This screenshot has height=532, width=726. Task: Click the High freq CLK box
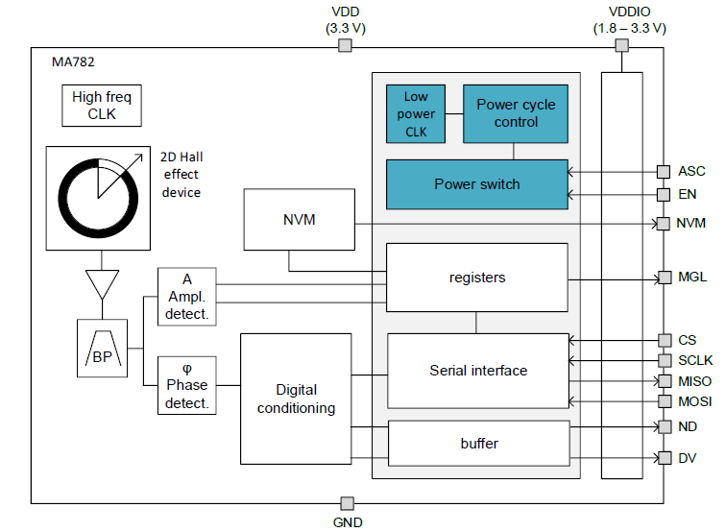point(102,106)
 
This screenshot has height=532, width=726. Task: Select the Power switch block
point(476,184)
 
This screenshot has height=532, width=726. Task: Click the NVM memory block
point(299,220)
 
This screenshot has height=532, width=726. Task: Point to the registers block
point(476,278)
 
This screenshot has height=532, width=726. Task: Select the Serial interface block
point(477,370)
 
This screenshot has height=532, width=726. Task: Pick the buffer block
point(477,443)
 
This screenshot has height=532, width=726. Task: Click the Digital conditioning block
point(297,399)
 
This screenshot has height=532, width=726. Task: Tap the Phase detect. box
point(186,385)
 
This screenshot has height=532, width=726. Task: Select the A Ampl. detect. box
point(186,296)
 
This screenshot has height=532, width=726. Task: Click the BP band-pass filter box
point(102,349)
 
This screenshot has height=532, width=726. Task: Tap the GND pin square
point(348,503)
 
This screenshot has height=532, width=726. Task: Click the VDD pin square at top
point(345,46)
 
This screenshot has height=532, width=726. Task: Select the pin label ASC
point(691,172)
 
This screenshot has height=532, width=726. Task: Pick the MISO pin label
point(694,381)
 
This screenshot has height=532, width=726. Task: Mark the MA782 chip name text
point(72,62)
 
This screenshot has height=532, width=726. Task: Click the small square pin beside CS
point(663,340)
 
